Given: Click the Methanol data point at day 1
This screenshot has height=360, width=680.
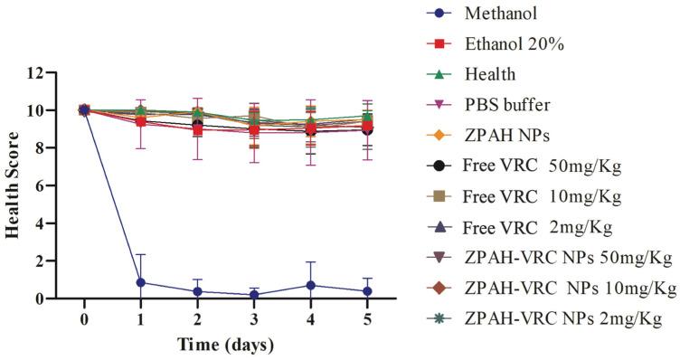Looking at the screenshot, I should [140, 282].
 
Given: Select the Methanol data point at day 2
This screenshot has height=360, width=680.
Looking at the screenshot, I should [197, 291].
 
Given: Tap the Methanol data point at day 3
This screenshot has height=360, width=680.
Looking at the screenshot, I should [254, 295].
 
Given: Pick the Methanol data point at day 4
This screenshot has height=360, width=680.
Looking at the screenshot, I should [311, 285].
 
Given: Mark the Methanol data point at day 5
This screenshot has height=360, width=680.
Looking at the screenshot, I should [368, 291].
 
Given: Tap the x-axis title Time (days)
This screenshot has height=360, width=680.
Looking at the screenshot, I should [226, 346].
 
